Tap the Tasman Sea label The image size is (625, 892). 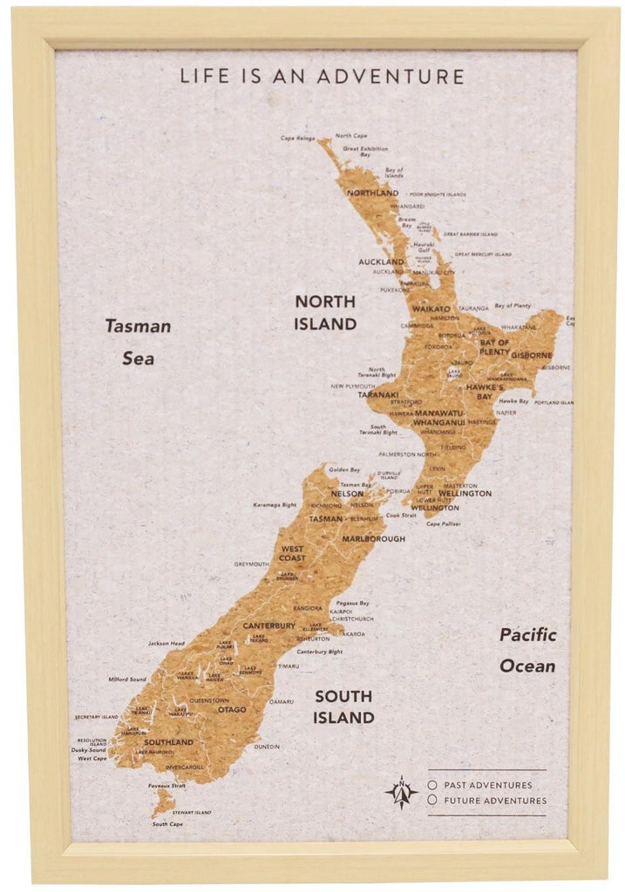[x=138, y=341]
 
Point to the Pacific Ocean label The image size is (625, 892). [x=527, y=650]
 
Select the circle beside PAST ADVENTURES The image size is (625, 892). [x=432, y=785]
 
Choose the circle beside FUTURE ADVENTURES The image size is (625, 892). [x=432, y=800]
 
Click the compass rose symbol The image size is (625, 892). [x=401, y=792]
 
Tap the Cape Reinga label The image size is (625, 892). [x=297, y=139]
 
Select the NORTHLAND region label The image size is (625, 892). [x=372, y=193]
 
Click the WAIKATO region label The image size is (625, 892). [x=431, y=309]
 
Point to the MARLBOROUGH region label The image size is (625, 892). [x=373, y=538]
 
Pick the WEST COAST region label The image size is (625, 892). [x=293, y=553]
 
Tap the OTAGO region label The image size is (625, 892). [x=232, y=710]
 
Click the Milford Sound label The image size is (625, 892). [x=127, y=679]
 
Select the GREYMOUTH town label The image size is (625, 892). [x=251, y=564]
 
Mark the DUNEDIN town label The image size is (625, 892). [x=267, y=747]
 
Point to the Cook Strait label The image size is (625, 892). [x=401, y=515]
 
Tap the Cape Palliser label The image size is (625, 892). [x=444, y=524]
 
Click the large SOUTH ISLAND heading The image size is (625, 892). [x=344, y=706]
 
